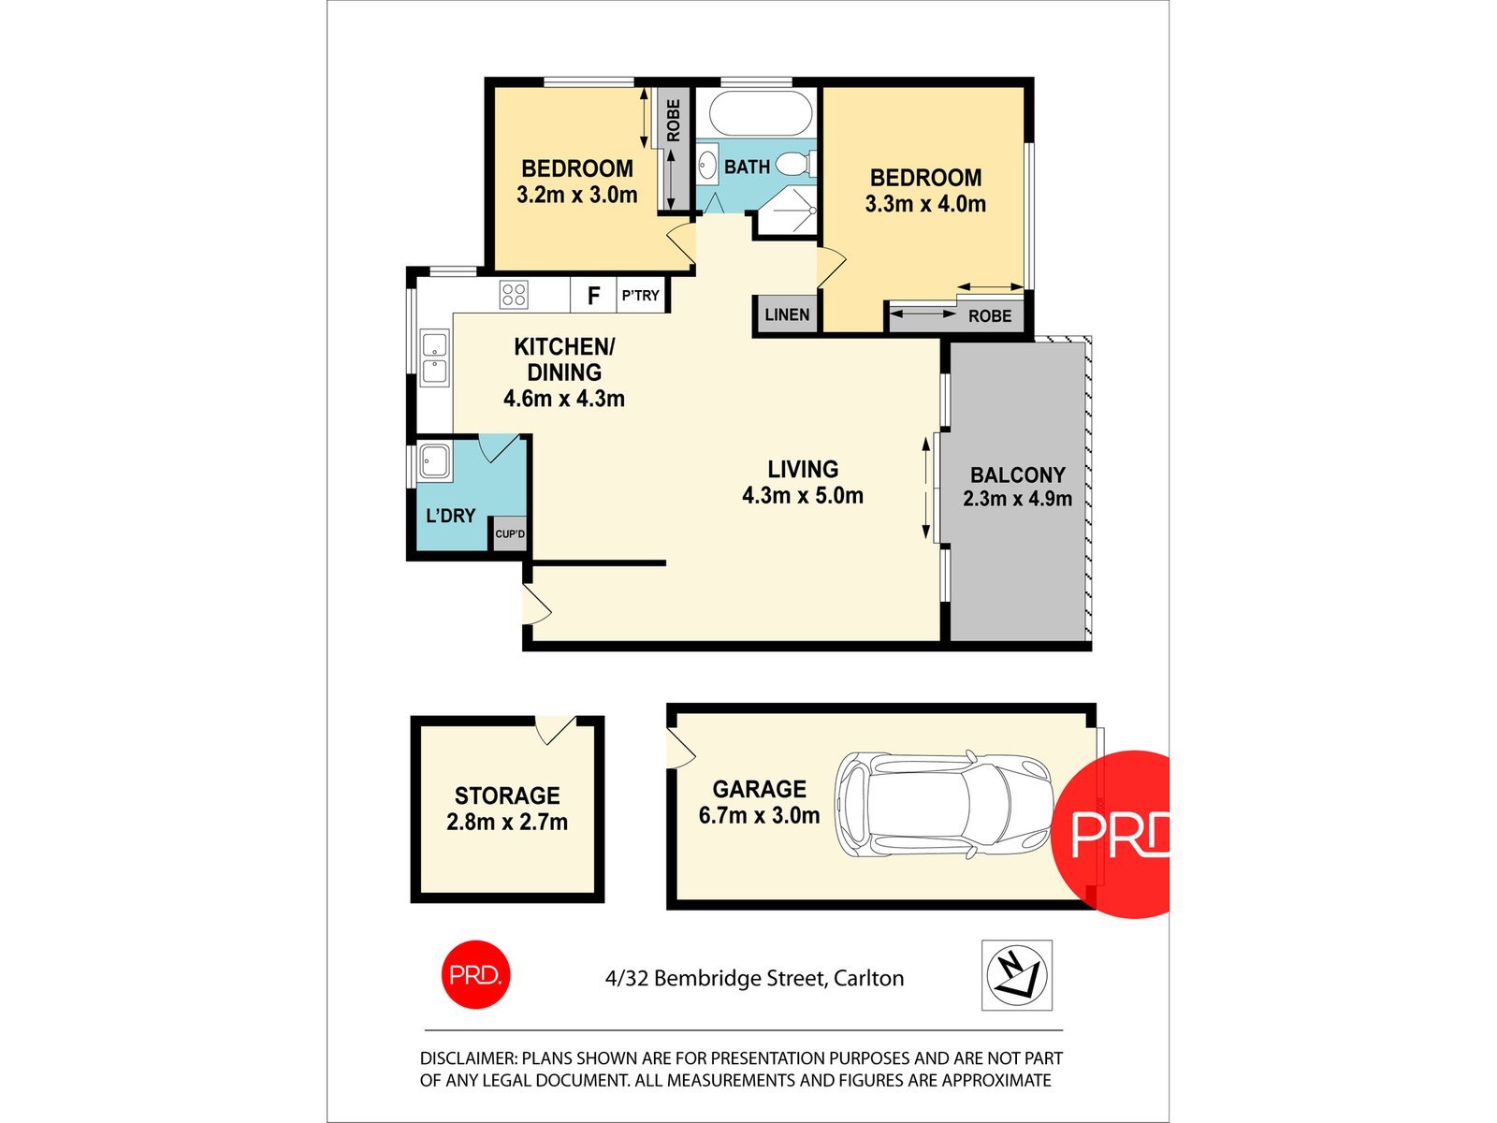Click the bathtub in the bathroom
760,113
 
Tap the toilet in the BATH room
795,164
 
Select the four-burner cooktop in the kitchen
514,295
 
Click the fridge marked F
593,295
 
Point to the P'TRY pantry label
640,295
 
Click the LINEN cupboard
787,314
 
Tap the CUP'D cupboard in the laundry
510,533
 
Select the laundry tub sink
434,461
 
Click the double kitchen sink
434,357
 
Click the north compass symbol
1016,975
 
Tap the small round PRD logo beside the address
475,974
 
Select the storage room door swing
556,729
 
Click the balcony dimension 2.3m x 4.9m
1017,499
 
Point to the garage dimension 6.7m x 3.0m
759,815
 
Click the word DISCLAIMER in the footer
468,1058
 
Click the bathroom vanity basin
708,165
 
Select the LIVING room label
803,469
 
